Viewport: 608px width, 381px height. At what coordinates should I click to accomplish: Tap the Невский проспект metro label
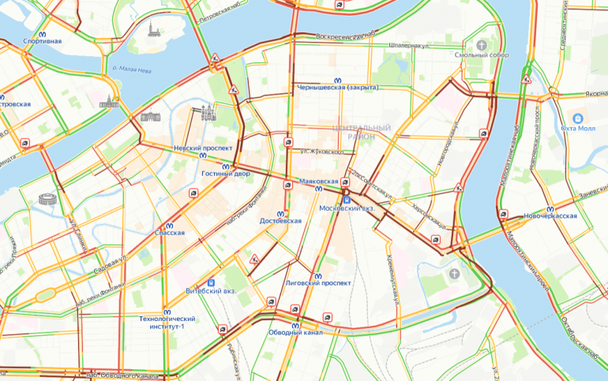(x=203, y=148)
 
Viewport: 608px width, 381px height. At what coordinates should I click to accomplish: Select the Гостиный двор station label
(x=225, y=173)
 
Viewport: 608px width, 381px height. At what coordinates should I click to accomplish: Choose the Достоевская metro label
(x=280, y=221)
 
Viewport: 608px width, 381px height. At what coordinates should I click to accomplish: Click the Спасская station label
(x=170, y=233)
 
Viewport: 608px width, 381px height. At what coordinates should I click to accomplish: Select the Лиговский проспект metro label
(x=317, y=282)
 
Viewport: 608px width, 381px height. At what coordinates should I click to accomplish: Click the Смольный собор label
(x=481, y=54)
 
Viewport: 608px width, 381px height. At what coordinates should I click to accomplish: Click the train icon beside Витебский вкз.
(x=210, y=281)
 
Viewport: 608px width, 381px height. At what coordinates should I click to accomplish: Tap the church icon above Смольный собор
(x=481, y=43)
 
